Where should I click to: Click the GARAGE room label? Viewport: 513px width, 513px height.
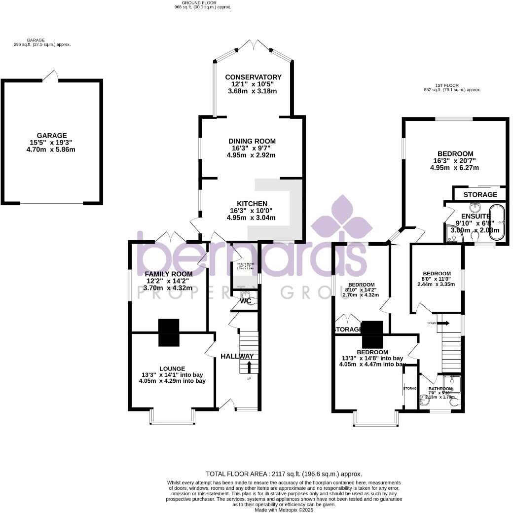(51, 136)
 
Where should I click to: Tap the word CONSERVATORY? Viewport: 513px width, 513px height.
(253, 77)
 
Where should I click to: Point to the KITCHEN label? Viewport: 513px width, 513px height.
(252, 204)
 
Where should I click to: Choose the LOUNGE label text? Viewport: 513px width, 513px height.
(172, 368)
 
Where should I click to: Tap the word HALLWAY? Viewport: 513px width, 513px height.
(237, 356)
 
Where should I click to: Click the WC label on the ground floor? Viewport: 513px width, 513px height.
(245, 301)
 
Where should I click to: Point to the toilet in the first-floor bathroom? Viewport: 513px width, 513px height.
(454, 402)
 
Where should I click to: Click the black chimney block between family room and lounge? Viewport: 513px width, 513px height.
(168, 332)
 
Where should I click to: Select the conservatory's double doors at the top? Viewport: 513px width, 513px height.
(253, 45)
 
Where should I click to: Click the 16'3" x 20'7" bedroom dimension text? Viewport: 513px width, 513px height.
(454, 161)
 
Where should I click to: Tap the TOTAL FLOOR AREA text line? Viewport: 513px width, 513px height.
(284, 474)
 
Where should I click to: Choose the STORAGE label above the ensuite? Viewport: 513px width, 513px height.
(480, 194)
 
